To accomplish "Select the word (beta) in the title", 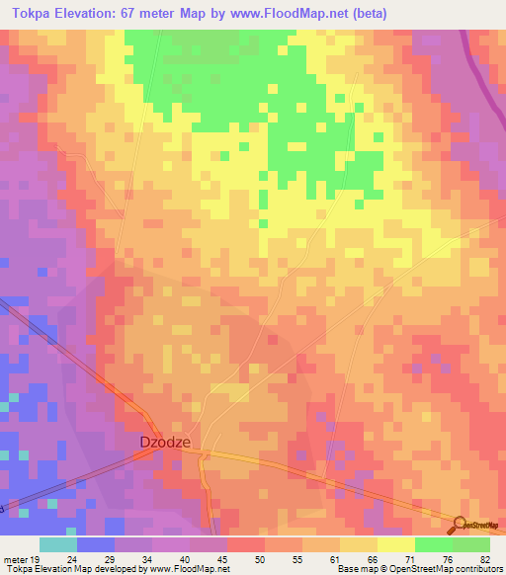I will [367, 13].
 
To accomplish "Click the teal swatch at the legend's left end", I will [57, 544].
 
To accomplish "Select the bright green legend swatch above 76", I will [433, 544].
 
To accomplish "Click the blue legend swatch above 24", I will [95, 544].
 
